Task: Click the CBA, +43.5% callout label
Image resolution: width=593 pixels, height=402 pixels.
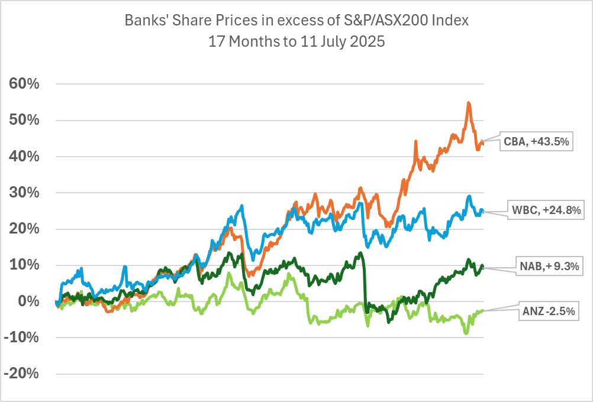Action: (537, 141)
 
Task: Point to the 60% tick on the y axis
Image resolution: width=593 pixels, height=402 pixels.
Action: (24, 84)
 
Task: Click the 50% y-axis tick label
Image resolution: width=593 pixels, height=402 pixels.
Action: (24, 120)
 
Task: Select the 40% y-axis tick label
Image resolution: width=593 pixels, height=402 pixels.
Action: (24, 157)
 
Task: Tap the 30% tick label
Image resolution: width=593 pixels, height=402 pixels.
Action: (24, 193)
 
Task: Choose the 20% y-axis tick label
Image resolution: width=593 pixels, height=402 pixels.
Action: (24, 229)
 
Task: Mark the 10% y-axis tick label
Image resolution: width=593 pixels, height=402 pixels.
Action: (24, 265)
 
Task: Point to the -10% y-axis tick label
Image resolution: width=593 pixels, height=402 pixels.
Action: (22, 338)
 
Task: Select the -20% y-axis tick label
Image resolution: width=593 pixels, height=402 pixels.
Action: (22, 374)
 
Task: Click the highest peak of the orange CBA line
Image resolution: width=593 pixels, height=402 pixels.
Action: (469, 103)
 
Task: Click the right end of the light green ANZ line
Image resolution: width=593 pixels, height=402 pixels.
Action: (484, 310)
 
